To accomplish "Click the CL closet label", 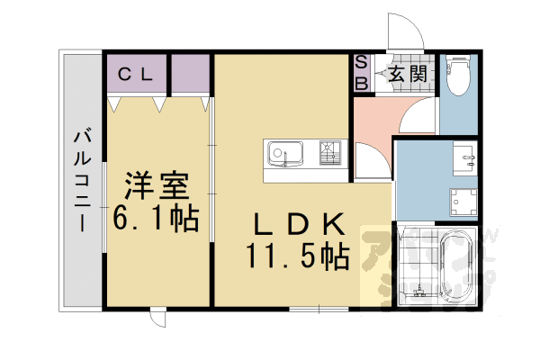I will pos(137,74).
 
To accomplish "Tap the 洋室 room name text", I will pos(157,187).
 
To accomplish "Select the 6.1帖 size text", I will pos(156,218).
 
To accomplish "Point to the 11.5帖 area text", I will pos(296,257).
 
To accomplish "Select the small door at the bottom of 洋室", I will pos(157,317).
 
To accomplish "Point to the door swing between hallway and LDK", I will pos(371,162).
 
